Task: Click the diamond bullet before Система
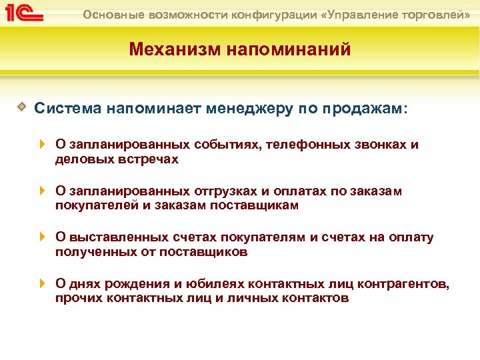click(x=22, y=106)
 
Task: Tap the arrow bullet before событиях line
click(x=42, y=144)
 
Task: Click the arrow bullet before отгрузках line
click(x=42, y=191)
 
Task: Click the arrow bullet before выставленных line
click(x=42, y=237)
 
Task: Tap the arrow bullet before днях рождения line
click(x=42, y=283)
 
